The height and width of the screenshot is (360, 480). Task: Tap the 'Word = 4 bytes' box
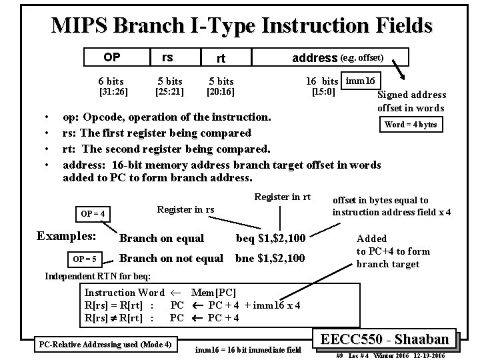click(x=409, y=125)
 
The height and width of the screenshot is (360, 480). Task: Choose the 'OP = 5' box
click(x=85, y=259)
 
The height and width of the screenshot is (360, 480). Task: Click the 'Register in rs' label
click(x=185, y=209)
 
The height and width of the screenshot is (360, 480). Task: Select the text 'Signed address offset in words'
click(x=411, y=101)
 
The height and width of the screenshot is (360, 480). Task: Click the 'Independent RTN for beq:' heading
click(x=97, y=276)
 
